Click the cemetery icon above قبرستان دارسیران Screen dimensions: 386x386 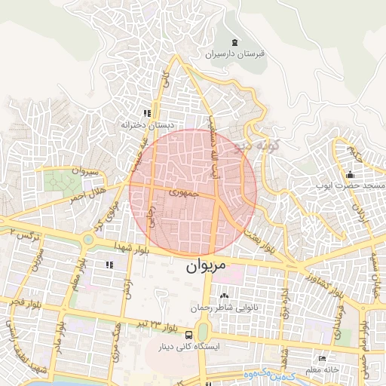236,41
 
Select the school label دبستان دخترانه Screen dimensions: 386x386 149,125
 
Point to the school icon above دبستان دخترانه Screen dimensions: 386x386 148,112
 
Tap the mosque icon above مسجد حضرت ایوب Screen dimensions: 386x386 351,173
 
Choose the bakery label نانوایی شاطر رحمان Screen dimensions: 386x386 224,308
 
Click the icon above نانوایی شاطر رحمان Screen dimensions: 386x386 224,296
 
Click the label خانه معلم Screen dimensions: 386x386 322,370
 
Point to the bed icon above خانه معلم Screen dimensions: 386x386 323,358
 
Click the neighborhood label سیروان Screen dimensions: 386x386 84,173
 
